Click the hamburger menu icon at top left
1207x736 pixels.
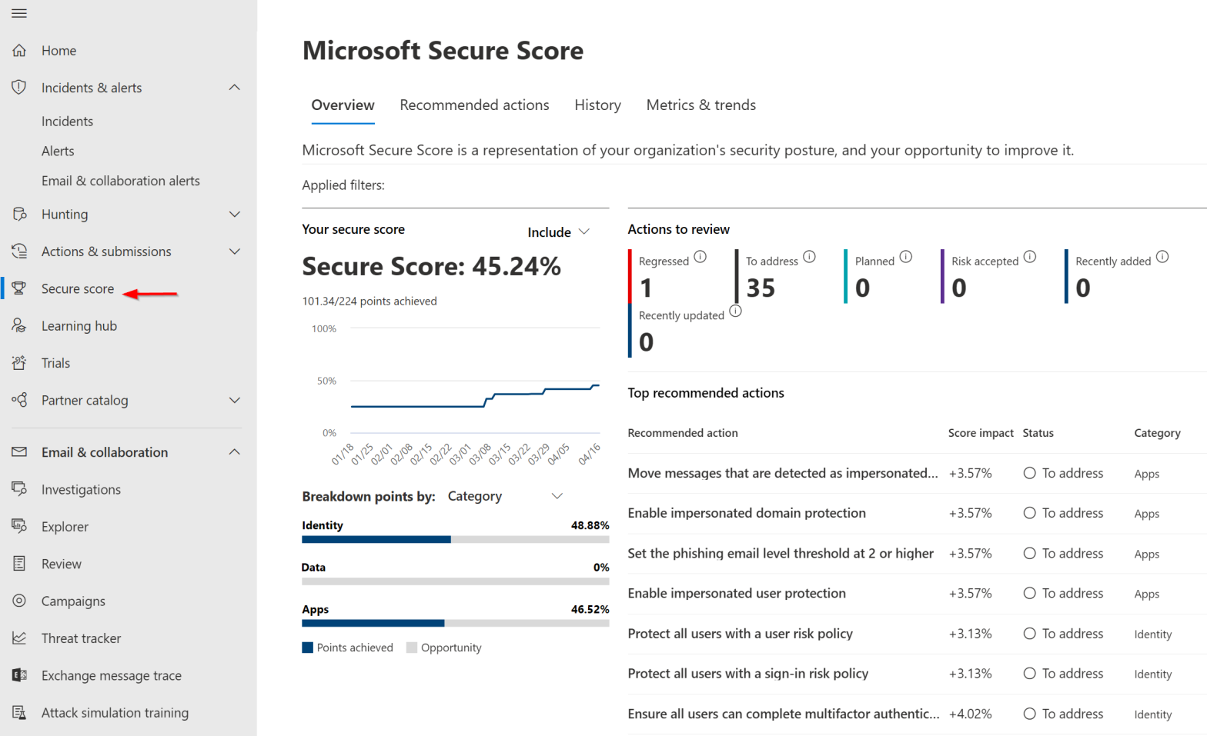pyautogui.click(x=19, y=13)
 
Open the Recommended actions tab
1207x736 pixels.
pyautogui.click(x=474, y=105)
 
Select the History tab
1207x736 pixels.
pyautogui.click(x=597, y=105)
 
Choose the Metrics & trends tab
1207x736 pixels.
pyautogui.click(x=700, y=105)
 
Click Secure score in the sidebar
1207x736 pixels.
pyautogui.click(x=78, y=289)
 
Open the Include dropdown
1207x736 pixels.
pyautogui.click(x=558, y=232)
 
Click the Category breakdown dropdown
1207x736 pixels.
pyautogui.click(x=505, y=497)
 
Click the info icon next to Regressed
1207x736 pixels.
pyautogui.click(x=700, y=257)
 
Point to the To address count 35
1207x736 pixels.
pyautogui.click(x=761, y=288)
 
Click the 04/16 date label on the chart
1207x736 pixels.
pyautogui.click(x=589, y=454)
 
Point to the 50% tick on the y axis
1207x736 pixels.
pyautogui.click(x=326, y=381)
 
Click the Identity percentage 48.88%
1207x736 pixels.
pyautogui.click(x=590, y=526)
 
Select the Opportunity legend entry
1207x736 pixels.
pyautogui.click(x=443, y=648)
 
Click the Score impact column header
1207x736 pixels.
pyautogui.click(x=980, y=433)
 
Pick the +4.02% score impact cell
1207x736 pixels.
pyautogui.click(x=970, y=714)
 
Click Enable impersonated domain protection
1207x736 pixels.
pyautogui.click(x=746, y=514)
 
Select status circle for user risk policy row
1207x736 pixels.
pyautogui.click(x=1029, y=634)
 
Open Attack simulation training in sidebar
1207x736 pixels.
pyautogui.click(x=115, y=713)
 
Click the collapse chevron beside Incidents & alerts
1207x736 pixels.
pyautogui.click(x=235, y=88)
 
